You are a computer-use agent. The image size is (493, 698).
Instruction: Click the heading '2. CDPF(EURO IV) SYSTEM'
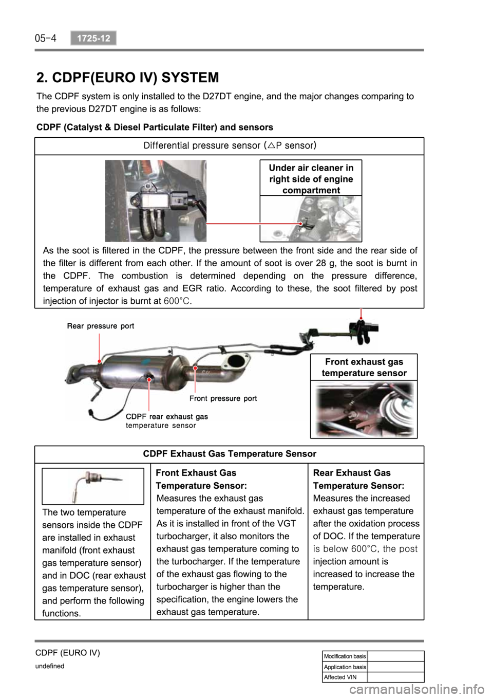pos(128,78)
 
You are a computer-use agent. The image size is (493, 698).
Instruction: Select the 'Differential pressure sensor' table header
pos(229,145)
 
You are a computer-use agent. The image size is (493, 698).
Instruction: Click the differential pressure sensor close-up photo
pos(156,200)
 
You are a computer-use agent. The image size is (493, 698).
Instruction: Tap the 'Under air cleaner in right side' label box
pos(310,178)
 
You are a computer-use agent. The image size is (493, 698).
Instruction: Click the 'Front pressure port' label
pos(223,398)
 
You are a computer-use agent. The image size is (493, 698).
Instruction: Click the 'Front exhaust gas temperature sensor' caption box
pos(364,367)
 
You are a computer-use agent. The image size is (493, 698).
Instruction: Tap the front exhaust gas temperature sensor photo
pos(364,409)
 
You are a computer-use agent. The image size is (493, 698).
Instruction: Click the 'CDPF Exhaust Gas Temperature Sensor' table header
pos(229,454)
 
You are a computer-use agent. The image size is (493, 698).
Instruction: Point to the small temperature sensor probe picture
pos(92,486)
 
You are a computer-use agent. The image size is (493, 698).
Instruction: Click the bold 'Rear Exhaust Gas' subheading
pos(352,472)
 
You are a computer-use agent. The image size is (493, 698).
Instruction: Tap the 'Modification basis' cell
pos(345,656)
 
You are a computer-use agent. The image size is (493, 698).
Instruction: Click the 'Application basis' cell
pos(345,667)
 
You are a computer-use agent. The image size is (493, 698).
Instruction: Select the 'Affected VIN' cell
pos(345,677)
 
